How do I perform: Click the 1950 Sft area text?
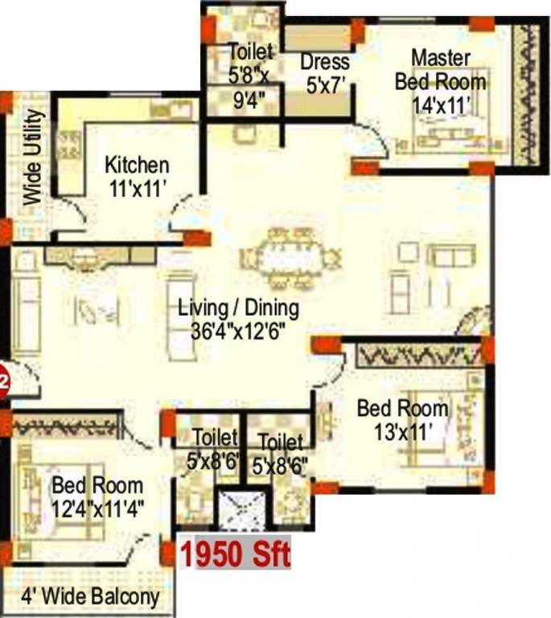coord(234,554)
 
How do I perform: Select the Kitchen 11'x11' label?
coord(137,175)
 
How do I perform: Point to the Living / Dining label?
coord(238,307)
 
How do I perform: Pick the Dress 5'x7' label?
coord(325,72)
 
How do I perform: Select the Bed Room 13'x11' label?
coord(402,418)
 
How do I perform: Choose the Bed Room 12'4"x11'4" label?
coord(97,496)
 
